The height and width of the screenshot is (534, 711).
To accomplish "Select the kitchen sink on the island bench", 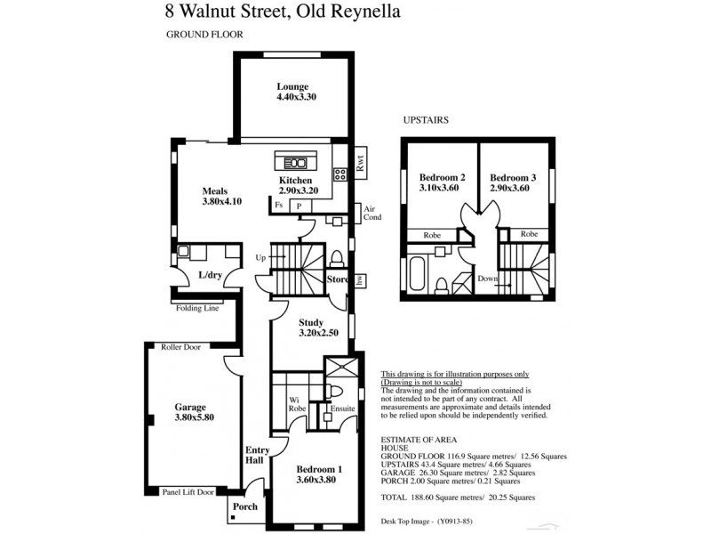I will [296, 163].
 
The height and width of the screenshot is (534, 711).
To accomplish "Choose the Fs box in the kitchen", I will [278, 206].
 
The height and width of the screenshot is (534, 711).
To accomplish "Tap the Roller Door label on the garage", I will [180, 347].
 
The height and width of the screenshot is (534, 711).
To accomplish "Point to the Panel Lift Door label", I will [189, 491].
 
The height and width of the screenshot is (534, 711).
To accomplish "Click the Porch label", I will [244, 507].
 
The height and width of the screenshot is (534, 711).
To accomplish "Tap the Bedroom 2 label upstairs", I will [439, 182].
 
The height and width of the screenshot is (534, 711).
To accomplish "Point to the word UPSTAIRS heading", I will [426, 118].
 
